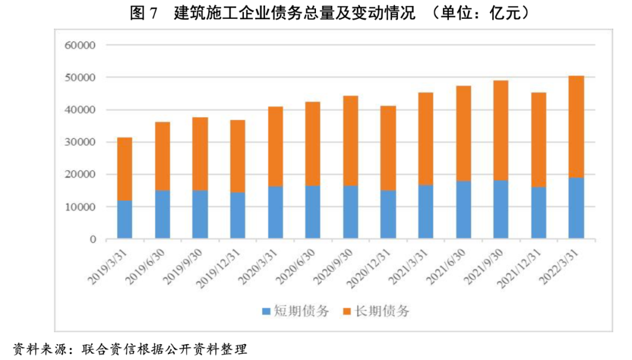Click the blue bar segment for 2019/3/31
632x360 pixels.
[125, 220]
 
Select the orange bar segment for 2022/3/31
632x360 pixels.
[576, 126]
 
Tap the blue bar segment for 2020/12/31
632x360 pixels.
[388, 214]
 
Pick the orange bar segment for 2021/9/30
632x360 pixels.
[501, 130]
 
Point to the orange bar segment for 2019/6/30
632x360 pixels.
[162, 156]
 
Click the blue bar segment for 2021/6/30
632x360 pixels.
[463, 210]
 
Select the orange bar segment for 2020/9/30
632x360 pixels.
[350, 140]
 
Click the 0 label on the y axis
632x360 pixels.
[92, 239]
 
